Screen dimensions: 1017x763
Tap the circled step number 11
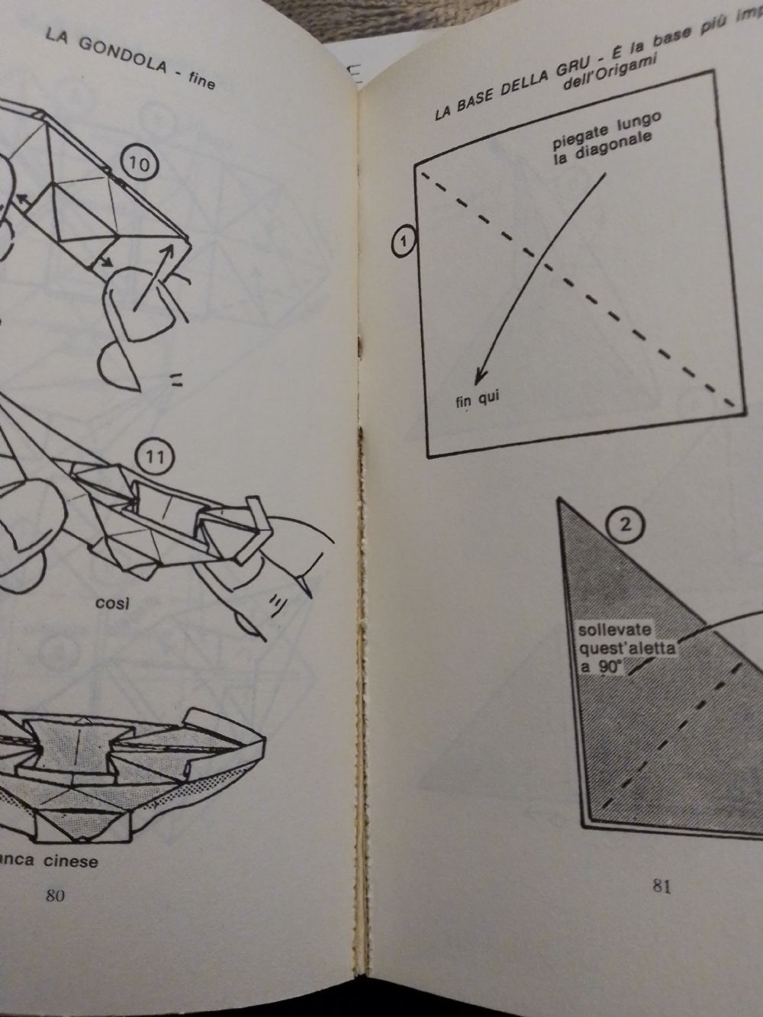click(x=155, y=458)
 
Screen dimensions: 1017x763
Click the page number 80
click(x=54, y=896)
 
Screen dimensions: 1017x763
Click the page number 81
click(x=662, y=886)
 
